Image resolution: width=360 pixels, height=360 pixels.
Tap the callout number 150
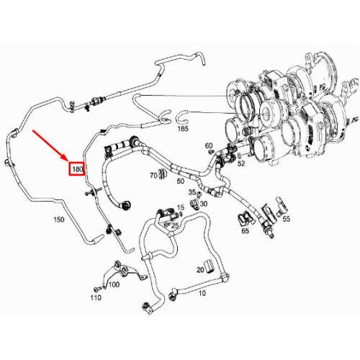55,218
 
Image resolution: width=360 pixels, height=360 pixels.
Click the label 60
209,145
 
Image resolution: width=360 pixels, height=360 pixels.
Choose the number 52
240,163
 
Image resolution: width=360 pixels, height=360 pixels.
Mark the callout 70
153,175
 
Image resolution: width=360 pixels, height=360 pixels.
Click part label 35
192,193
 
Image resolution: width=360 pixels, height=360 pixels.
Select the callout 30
204,203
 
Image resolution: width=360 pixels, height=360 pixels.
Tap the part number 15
181,207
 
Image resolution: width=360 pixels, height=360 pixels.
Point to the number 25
175,225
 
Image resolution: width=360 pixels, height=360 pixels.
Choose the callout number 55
286,219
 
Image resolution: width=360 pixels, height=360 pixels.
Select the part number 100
114,284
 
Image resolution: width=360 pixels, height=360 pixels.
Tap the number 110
95,298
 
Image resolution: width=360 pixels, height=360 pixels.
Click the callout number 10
202,293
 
